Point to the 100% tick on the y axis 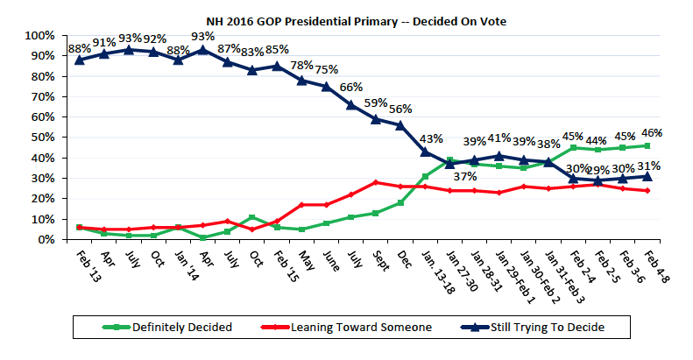[x=42, y=35]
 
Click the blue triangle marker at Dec [x=400, y=125]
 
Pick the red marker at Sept [x=376, y=182]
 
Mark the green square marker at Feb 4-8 [x=647, y=145]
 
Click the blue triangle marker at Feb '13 [x=80, y=60]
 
